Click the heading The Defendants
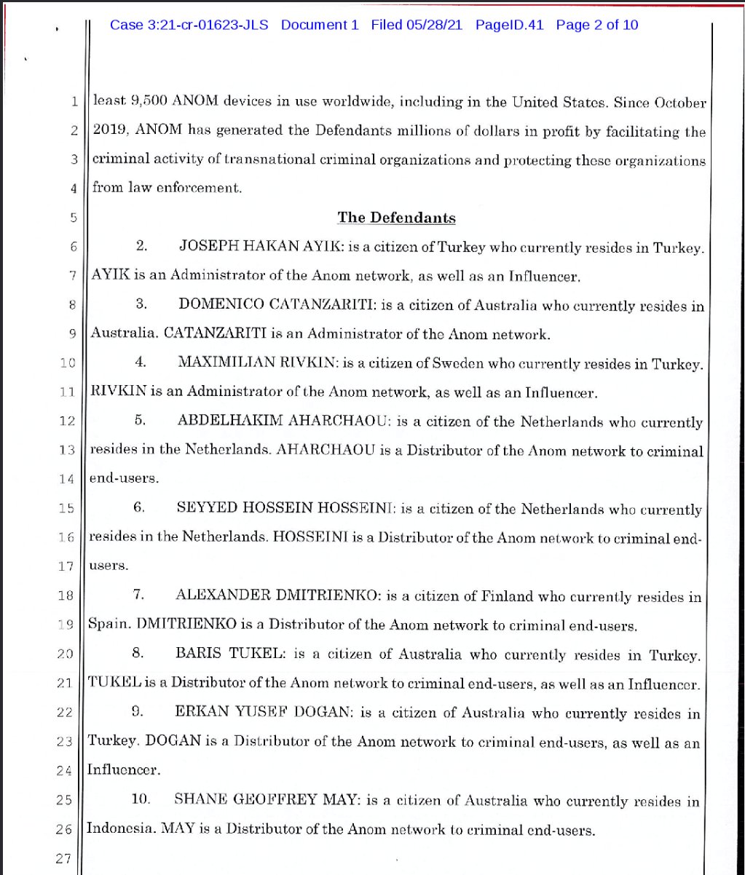pos(396,218)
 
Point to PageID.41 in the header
pos(511,25)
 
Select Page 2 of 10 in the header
pos(596,25)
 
